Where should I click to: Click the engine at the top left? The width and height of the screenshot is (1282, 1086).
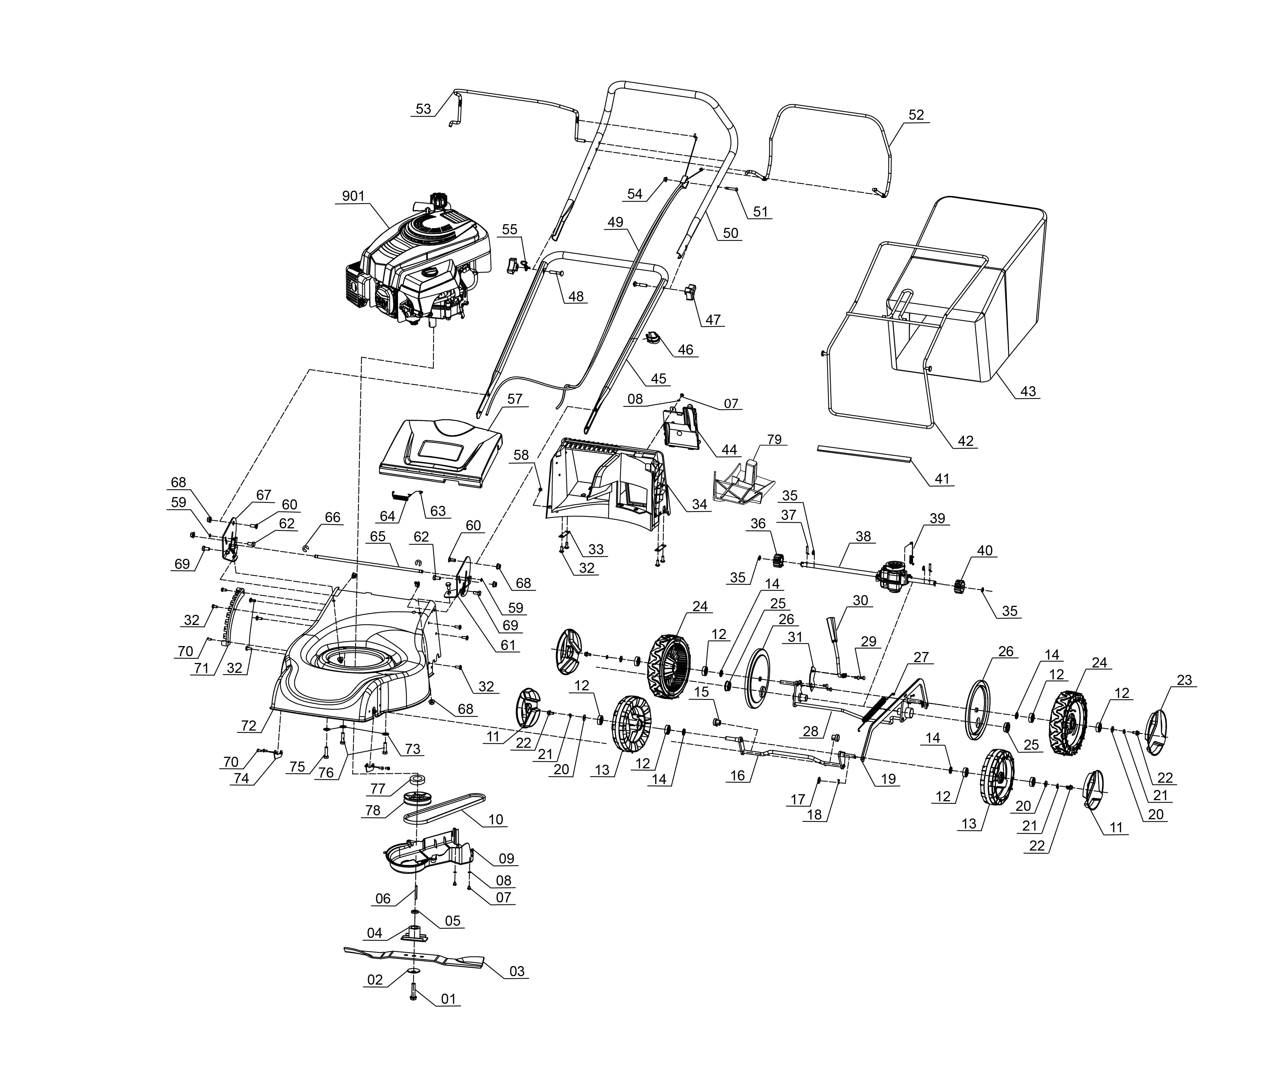pos(419,262)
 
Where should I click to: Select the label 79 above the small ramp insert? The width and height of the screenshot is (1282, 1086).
pos(774,439)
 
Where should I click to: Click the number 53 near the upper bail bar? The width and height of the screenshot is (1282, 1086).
pos(424,109)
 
